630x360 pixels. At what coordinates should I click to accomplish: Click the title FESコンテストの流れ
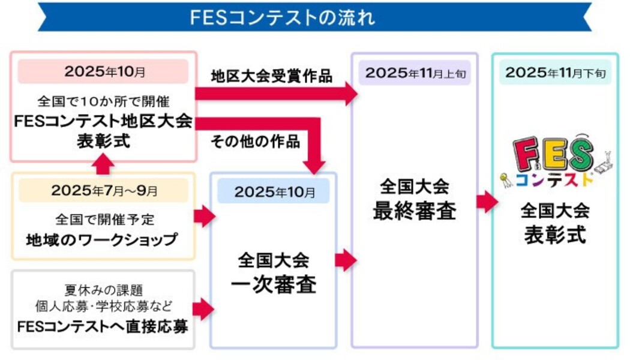pyautogui.click(x=282, y=17)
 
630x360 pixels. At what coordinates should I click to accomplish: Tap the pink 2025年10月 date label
pyautogui.click(x=104, y=71)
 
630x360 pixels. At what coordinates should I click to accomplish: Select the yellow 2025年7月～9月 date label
pyautogui.click(x=104, y=191)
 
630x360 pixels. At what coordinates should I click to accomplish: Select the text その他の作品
pyautogui.click(x=255, y=142)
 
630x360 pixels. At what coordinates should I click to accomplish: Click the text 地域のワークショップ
pyautogui.click(x=103, y=239)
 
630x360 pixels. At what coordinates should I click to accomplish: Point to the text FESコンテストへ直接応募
pyautogui.click(x=103, y=327)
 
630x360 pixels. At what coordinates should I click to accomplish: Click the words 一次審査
pyautogui.click(x=274, y=284)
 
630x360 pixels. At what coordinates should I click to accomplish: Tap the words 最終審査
pyautogui.click(x=414, y=211)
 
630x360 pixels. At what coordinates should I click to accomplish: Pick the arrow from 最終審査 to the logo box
pyautogui.click(x=487, y=202)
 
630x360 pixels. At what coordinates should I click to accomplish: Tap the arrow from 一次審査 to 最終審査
pyautogui.click(x=345, y=260)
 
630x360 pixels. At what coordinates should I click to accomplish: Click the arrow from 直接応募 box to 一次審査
pyautogui.click(x=204, y=308)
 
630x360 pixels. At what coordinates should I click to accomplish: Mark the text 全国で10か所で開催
pyautogui.click(x=104, y=97)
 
